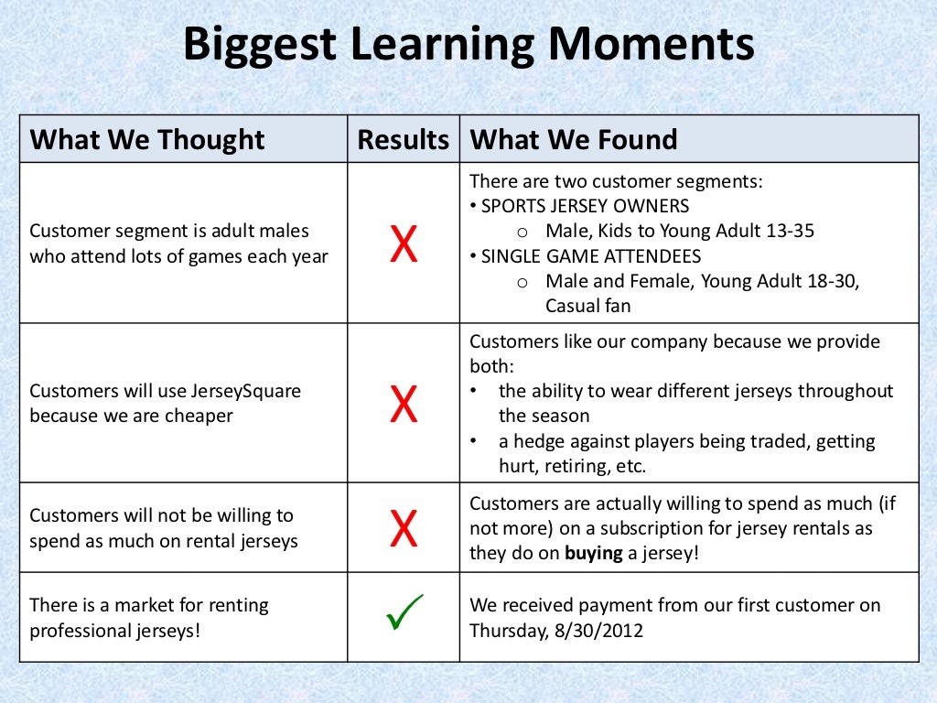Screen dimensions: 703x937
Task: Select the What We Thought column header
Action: click(147, 140)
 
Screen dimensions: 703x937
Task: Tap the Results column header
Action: click(403, 140)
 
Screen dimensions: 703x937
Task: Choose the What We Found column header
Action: click(573, 140)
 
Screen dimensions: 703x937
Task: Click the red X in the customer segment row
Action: click(404, 244)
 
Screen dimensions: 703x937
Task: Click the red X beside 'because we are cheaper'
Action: click(404, 404)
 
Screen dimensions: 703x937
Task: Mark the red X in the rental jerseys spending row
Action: click(404, 528)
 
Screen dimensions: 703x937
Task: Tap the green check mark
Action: click(404, 612)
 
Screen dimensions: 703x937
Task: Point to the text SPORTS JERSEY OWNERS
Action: click(586, 206)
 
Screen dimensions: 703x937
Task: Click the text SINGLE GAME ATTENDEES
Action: click(591, 256)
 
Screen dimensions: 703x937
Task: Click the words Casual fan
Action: click(587, 306)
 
